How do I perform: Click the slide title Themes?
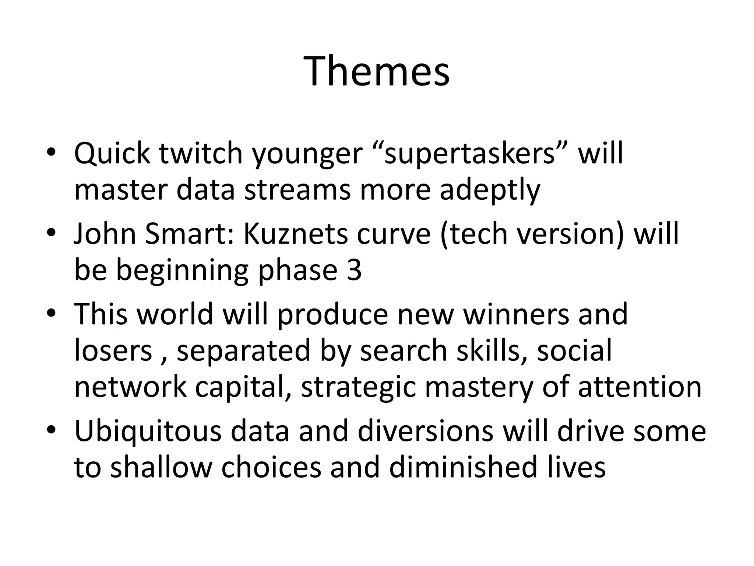[x=377, y=71]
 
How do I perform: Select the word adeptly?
[x=490, y=191]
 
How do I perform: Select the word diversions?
[x=425, y=431]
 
